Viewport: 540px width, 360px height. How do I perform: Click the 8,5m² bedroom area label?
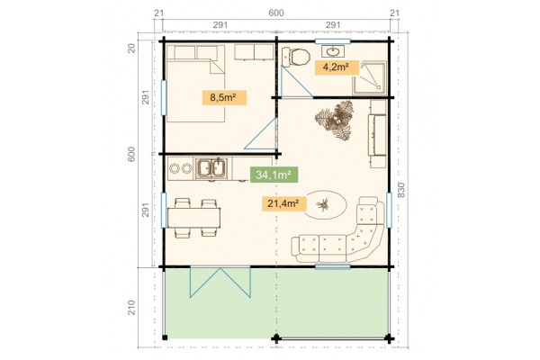point(224,97)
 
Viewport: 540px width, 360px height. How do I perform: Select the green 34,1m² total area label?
point(274,175)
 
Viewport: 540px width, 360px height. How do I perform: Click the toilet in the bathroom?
point(295,57)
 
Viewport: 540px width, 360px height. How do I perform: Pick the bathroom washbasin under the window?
point(333,51)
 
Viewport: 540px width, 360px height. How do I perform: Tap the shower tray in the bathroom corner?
point(369,77)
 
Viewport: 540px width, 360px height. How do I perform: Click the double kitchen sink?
point(211,169)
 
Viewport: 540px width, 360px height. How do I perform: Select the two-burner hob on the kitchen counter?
point(181,168)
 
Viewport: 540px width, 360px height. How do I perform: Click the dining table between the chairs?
point(193,218)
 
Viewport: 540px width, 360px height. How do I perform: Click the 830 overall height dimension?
point(401,190)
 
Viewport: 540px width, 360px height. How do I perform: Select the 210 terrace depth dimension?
point(131,307)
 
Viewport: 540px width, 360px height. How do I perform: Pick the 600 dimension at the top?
point(276,13)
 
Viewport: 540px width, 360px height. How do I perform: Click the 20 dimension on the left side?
point(132,48)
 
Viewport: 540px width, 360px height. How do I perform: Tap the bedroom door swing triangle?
point(261,134)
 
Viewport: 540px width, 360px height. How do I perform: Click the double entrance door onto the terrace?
point(220,282)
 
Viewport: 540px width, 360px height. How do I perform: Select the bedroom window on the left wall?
point(164,97)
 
